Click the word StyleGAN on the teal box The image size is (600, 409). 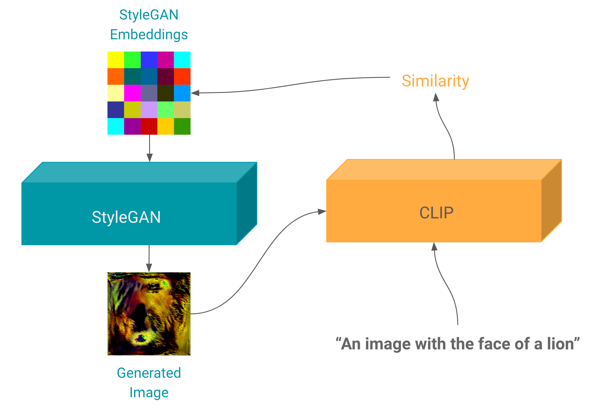tap(126, 217)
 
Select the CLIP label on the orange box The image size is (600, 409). tap(436, 213)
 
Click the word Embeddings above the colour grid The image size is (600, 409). tap(149, 35)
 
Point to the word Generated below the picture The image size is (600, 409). tap(149, 373)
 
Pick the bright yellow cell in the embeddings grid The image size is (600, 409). tap(116, 60)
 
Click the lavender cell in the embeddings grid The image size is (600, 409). tap(149, 110)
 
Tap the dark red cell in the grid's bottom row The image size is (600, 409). tap(149, 126)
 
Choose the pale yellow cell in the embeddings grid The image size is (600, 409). tap(116, 93)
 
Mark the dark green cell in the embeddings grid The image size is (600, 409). tap(182, 126)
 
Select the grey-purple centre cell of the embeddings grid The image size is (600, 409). tap(149, 93)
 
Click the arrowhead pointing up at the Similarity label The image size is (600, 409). tap(436, 97)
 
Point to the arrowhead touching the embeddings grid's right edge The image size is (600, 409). tap(195, 93)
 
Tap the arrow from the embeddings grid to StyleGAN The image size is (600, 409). tap(149, 148)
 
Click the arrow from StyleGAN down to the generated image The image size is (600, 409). tap(149, 259)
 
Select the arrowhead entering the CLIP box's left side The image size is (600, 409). tap(322, 211)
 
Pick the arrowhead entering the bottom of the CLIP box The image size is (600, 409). tap(434, 246)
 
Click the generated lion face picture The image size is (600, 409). tap(149, 314)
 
